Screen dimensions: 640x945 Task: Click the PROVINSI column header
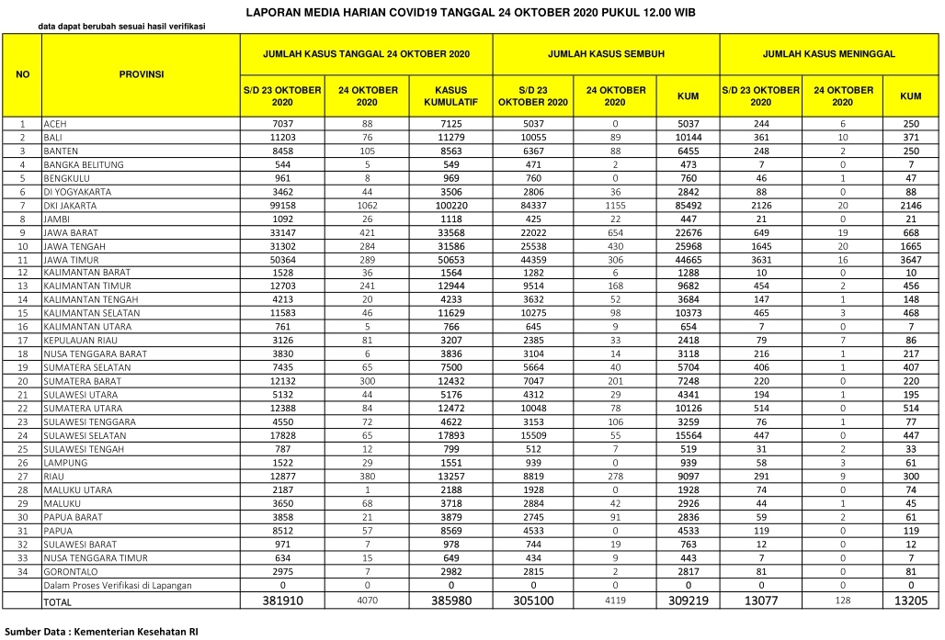click(142, 74)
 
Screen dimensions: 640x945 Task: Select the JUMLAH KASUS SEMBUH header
click(606, 54)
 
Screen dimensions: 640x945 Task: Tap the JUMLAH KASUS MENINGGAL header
click(828, 54)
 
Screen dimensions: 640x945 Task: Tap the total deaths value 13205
click(910, 601)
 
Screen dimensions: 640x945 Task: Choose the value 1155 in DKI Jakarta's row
click(615, 206)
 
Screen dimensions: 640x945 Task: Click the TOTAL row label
click(57, 601)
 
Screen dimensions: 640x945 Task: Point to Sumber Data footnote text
click(101, 632)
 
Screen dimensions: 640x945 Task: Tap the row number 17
click(22, 341)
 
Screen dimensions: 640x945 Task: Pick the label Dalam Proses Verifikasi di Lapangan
click(118, 585)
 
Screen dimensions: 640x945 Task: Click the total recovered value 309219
click(687, 601)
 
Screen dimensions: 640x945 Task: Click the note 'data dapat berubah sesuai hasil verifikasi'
click(121, 26)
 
